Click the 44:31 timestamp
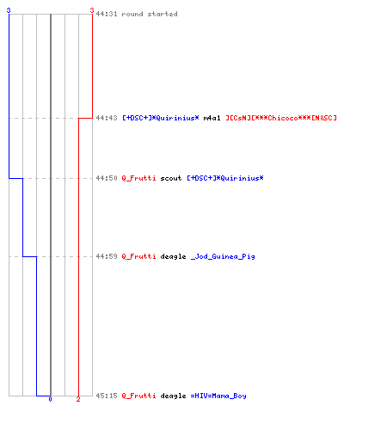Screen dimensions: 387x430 pyautogui.click(x=107, y=14)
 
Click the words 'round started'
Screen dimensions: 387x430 pyautogui.click(x=150, y=14)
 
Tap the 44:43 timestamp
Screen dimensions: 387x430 pyautogui.click(x=107, y=118)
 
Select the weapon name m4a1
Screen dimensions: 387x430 pyautogui.click(x=212, y=118)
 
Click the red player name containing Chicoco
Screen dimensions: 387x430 pyautogui.click(x=281, y=118)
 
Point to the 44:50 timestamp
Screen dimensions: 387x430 pyautogui.click(x=107, y=178)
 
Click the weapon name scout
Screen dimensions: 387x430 pyautogui.click(x=171, y=178)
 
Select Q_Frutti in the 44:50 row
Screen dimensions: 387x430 pyautogui.click(x=138, y=178)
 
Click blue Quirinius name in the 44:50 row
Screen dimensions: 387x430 pyautogui.click(x=225, y=178)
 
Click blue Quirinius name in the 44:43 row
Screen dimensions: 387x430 pyautogui.click(x=161, y=118)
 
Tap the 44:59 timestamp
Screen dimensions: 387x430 pyautogui.click(x=107, y=256)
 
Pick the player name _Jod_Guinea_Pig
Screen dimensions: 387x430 pyautogui.click(x=223, y=256)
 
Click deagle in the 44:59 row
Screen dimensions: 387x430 pyautogui.click(x=173, y=256)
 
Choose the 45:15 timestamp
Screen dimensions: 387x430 pyautogui.click(x=107, y=396)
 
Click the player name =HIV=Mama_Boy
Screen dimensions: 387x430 pyautogui.click(x=218, y=396)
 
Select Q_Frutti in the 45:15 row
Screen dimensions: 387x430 pyautogui.click(x=138, y=396)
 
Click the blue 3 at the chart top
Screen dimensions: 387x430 pyautogui.click(x=9, y=10)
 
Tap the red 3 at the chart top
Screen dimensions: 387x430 pyautogui.click(x=92, y=10)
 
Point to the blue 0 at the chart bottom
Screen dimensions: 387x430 pyautogui.click(x=50, y=399)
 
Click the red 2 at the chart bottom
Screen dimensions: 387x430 pyautogui.click(x=78, y=399)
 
